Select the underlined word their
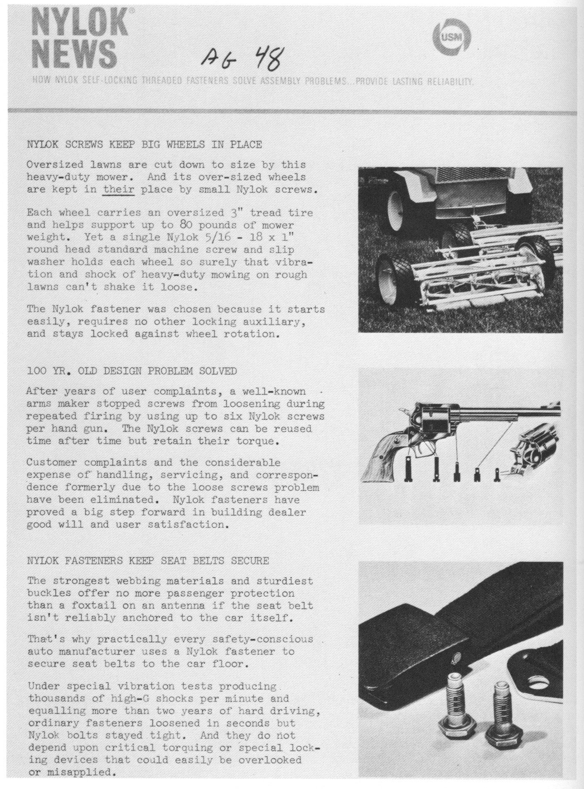point(119,190)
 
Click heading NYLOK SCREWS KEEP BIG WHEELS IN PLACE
point(145,145)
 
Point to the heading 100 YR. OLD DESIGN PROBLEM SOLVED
point(132,371)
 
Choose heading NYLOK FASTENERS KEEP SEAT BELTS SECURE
point(148,561)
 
